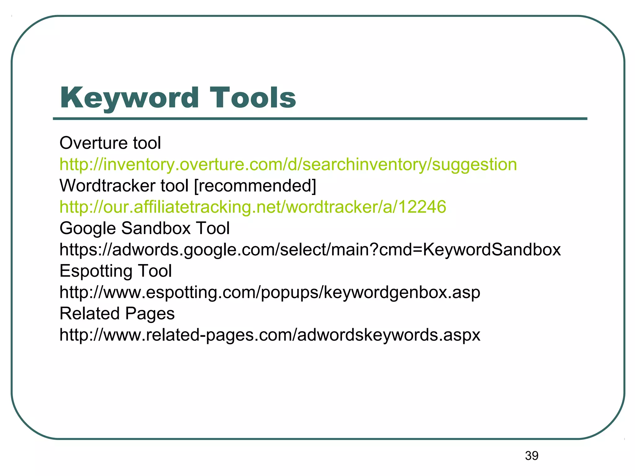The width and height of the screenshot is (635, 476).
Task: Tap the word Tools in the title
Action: pyautogui.click(x=253, y=98)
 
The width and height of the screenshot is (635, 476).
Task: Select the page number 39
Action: pyautogui.click(x=531, y=456)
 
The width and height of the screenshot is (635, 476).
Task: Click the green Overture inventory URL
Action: pyautogui.click(x=288, y=164)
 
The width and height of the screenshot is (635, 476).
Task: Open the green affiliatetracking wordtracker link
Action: pyautogui.click(x=253, y=207)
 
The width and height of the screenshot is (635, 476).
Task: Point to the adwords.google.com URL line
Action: pyautogui.click(x=310, y=249)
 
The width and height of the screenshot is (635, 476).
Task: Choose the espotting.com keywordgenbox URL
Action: pyautogui.click(x=270, y=292)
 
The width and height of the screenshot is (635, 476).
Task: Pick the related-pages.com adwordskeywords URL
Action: pyautogui.click(x=270, y=335)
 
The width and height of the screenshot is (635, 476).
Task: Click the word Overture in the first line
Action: pyautogui.click(x=93, y=143)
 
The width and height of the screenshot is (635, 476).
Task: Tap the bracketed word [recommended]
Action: pyautogui.click(x=255, y=186)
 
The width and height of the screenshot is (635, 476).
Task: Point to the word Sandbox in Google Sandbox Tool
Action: pyautogui.click(x=156, y=228)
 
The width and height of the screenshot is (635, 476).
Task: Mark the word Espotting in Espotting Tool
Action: pyautogui.click(x=96, y=271)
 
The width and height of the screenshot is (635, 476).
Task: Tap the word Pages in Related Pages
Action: pyautogui.click(x=150, y=314)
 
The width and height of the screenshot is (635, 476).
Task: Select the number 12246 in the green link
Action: pyautogui.click(x=422, y=207)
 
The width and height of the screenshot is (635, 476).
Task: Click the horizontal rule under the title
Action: pyautogui.click(x=320, y=119)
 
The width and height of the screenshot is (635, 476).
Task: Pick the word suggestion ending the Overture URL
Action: pyautogui.click(x=474, y=165)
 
